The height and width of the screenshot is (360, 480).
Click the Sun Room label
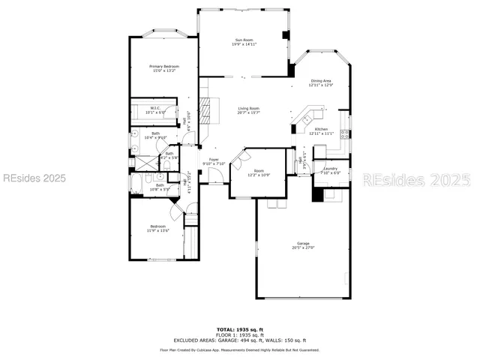[242, 40]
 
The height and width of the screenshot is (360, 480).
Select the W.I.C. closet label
[155, 108]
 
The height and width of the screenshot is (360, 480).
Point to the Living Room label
[249, 109]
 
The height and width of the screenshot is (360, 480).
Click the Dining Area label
[320, 80]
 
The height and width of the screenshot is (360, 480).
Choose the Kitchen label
[320, 129]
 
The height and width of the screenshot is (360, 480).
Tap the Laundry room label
[330, 169]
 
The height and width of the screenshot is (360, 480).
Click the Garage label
[302, 244]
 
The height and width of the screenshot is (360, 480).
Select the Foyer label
[214, 160]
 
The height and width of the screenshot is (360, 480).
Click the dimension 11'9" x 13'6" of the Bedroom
[158, 230]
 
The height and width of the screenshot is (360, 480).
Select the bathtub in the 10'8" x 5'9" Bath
[137, 182]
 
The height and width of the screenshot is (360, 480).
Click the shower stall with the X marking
[136, 148]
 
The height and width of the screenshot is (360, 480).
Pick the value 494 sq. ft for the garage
[247, 340]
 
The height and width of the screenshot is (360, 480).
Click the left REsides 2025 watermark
[34, 178]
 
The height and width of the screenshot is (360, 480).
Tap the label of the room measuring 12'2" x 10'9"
[259, 171]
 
